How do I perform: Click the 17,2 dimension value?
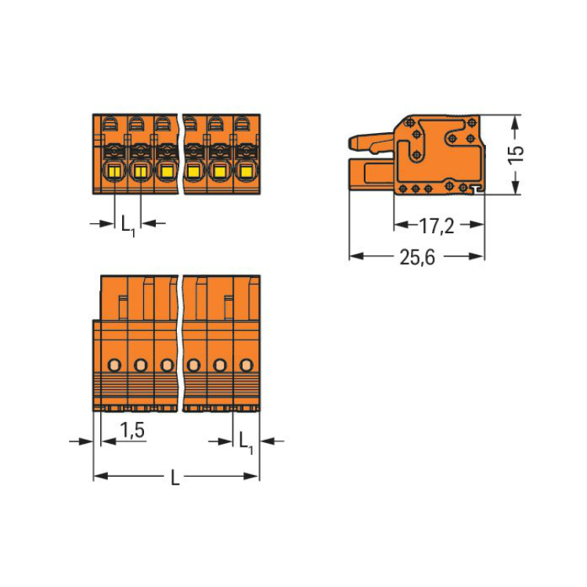(x=436, y=225)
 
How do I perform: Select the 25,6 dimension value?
(x=417, y=257)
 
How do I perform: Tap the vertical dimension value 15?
(x=516, y=155)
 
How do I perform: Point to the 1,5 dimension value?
(x=132, y=430)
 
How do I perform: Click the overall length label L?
(x=175, y=477)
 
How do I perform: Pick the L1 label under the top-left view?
(x=128, y=225)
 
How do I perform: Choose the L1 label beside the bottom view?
(x=246, y=443)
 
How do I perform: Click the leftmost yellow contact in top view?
(x=113, y=172)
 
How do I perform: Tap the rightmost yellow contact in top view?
(x=246, y=171)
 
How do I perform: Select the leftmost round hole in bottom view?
(x=114, y=364)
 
